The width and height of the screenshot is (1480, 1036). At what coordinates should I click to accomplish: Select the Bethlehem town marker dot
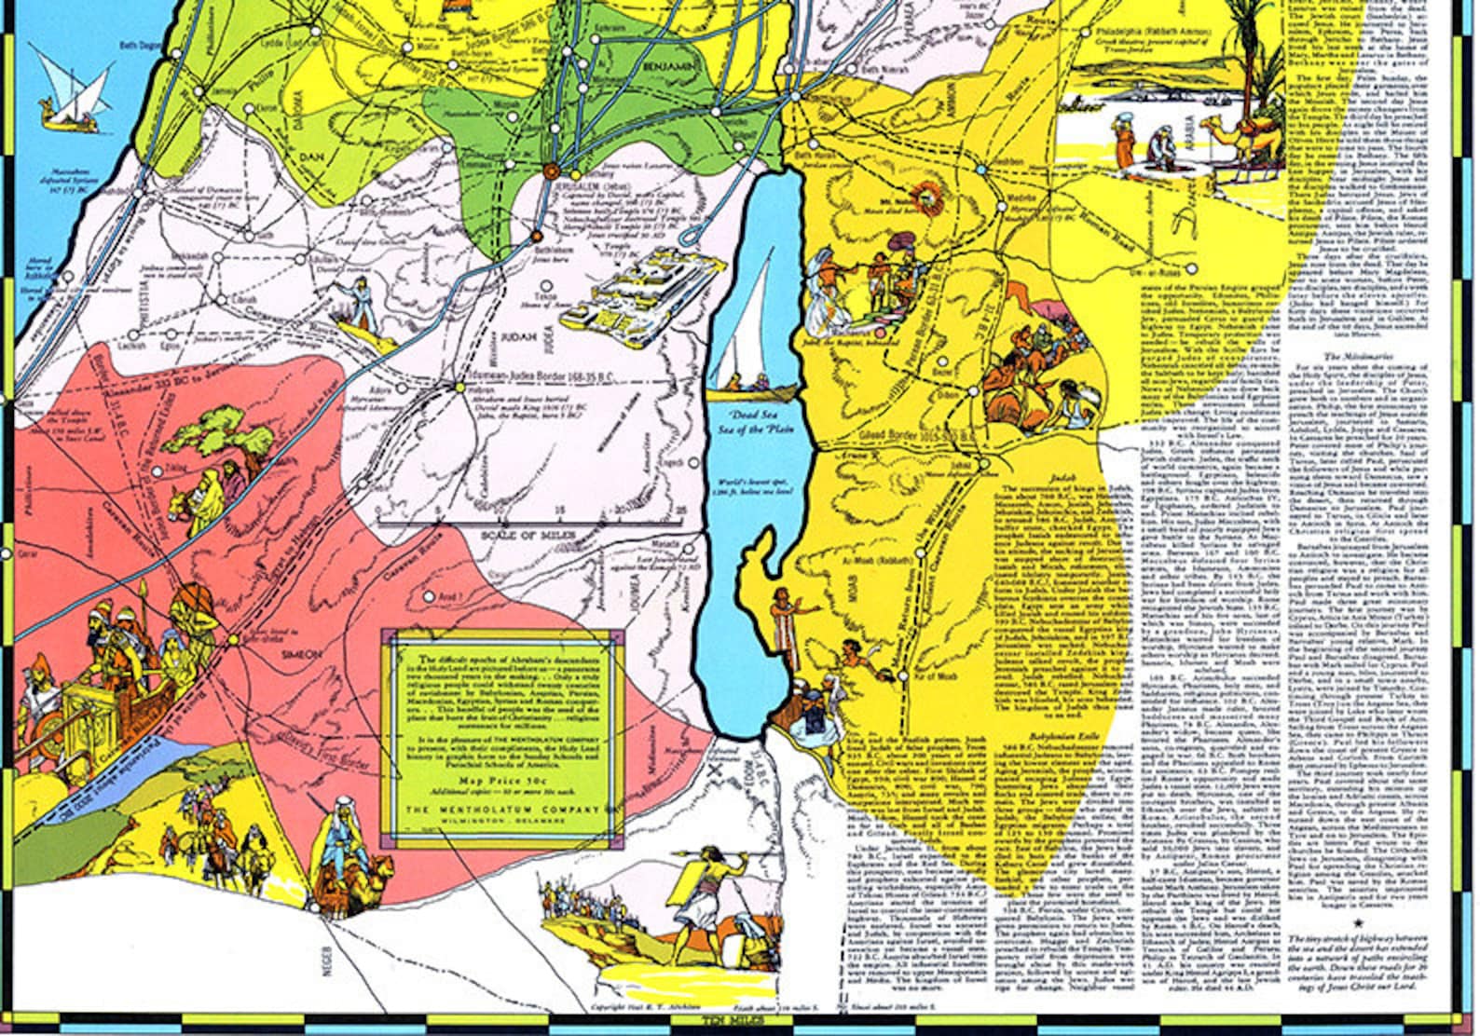538,236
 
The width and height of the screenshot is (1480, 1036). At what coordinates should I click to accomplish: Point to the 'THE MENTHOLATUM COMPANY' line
503,809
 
